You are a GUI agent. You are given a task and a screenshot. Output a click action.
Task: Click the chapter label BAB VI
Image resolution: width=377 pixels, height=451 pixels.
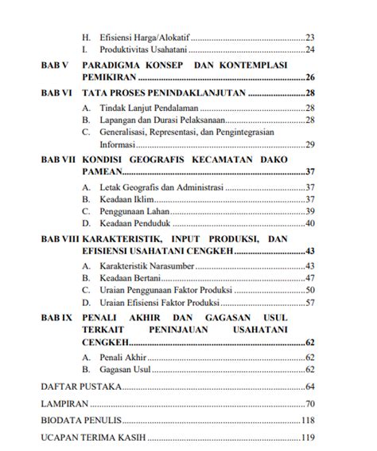tap(56, 93)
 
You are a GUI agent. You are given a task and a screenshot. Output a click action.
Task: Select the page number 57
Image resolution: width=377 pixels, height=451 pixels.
tap(310, 303)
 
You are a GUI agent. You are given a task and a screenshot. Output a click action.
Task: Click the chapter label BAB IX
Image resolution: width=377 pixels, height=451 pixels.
tap(56, 317)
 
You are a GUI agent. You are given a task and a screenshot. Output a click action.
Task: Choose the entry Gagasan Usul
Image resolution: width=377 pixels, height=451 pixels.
tap(122, 371)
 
